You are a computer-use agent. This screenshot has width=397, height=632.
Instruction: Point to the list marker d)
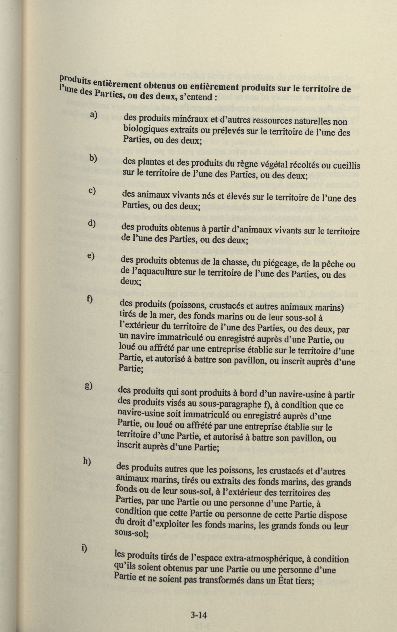tap(92, 224)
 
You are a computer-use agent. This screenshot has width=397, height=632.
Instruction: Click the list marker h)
tap(87, 462)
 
